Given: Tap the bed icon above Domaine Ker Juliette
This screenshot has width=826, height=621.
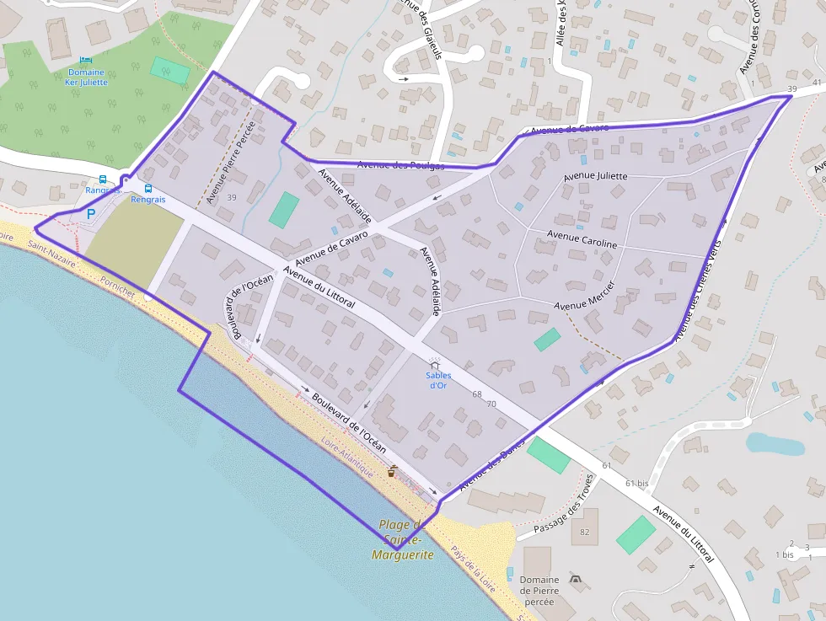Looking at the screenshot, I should (86, 60).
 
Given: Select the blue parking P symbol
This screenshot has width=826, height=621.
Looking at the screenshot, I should (91, 214).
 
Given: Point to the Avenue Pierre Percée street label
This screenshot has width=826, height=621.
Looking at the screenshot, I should (230, 163).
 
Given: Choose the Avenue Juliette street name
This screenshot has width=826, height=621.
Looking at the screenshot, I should (595, 177).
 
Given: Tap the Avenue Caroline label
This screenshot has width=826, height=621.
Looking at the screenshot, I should (582, 238).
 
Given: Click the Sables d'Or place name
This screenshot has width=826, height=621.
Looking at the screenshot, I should (437, 380).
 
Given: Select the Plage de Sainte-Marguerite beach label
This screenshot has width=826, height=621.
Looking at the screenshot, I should (404, 539).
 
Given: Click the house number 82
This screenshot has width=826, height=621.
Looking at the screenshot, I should (585, 532).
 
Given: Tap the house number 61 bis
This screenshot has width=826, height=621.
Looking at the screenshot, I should (636, 484).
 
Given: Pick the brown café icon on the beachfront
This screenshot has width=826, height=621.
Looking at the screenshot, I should (392, 471).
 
